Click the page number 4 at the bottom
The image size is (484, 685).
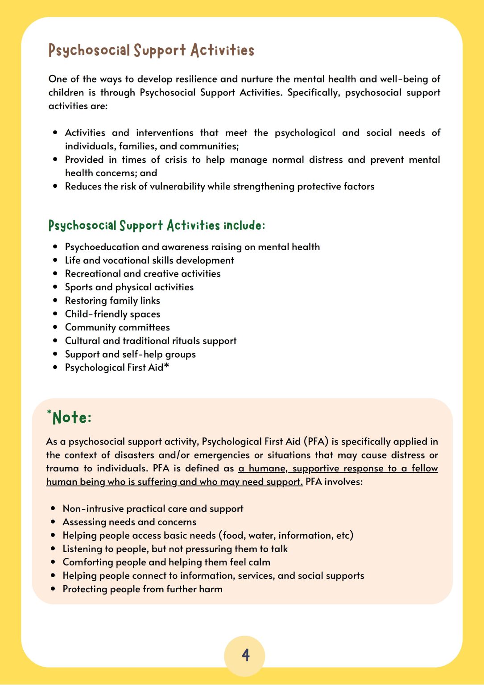[245, 655]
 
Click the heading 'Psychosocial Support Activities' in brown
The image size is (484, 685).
[151, 50]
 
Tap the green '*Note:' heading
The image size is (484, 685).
[69, 417]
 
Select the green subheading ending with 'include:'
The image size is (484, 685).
[157, 225]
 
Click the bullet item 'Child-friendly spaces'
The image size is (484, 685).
[112, 314]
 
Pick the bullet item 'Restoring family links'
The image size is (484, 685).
[112, 301]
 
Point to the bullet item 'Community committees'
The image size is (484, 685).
[117, 327]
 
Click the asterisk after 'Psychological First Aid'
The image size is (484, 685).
[167, 366]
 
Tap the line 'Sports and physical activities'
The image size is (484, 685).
[129, 287]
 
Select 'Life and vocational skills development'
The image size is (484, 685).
[149, 260]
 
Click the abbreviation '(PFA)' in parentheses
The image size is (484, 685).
[316, 442]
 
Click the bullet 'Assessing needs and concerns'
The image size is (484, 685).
[129, 522]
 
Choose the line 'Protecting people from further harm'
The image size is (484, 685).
[142, 589]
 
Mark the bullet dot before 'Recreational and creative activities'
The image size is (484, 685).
[55, 274]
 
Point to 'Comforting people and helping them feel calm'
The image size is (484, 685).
[166, 562]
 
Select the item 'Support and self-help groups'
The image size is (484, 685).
[130, 354]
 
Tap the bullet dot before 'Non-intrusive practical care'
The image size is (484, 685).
[53, 509]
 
